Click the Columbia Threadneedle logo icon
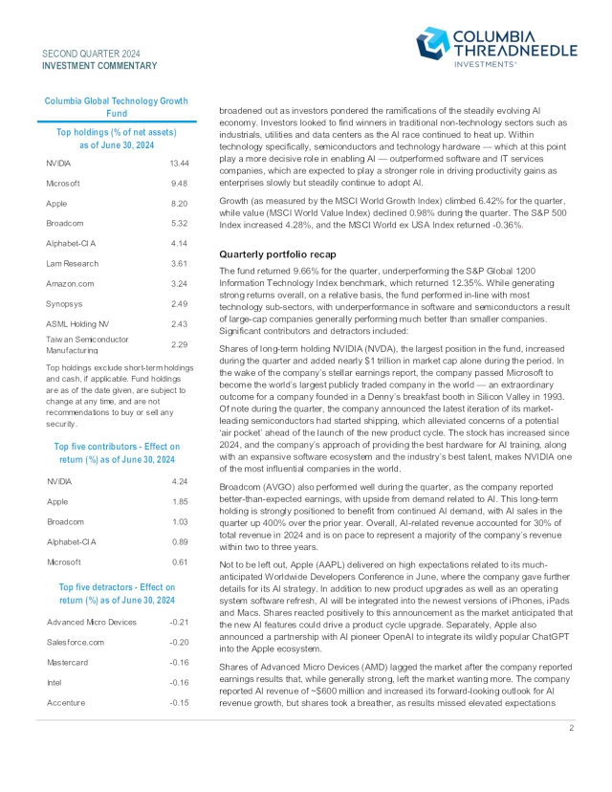pyautogui.click(x=432, y=43)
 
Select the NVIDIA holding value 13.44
pyautogui.click(x=179, y=164)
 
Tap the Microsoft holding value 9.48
pyautogui.click(x=179, y=183)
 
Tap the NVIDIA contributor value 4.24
pyautogui.click(x=179, y=480)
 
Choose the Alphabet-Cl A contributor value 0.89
pyautogui.click(x=179, y=540)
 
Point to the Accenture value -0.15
pyautogui.click(x=176, y=703)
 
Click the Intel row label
pyautogui.click(x=55, y=683)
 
